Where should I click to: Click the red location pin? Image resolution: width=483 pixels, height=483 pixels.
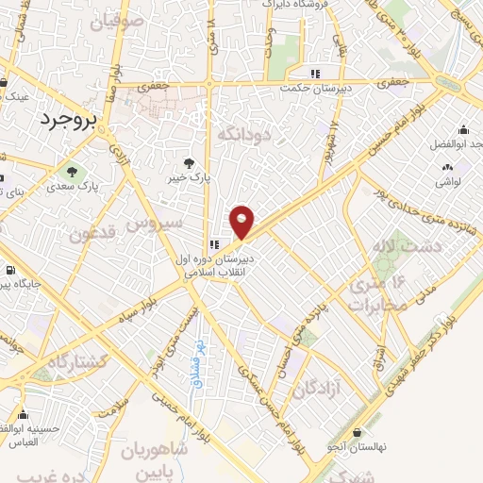pyautogui.click(x=242, y=221)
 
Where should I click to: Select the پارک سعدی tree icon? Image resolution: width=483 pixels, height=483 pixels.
pyautogui.click(x=72, y=172)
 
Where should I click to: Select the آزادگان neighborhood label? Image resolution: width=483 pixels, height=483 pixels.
pyautogui.click(x=312, y=388)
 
